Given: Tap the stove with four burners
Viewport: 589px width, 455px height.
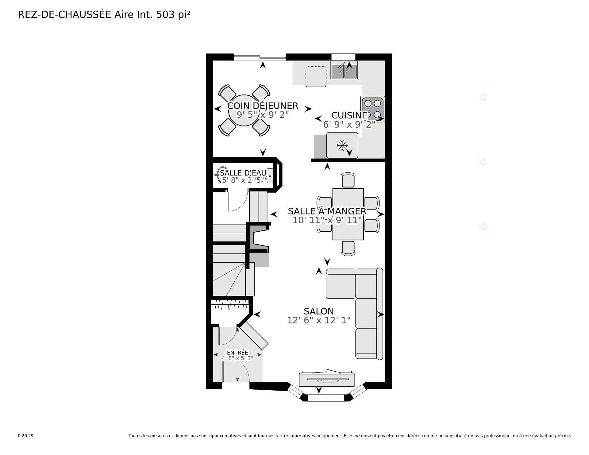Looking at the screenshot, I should click(x=373, y=109).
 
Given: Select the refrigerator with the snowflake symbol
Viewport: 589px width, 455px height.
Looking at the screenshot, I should click(x=342, y=145).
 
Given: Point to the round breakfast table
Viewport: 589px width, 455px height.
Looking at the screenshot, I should click(x=244, y=110).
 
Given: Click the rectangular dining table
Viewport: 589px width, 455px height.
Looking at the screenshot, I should click(x=348, y=214).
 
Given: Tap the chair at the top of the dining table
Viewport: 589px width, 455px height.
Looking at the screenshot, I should click(x=348, y=180).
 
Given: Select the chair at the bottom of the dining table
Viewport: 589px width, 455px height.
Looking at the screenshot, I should click(x=348, y=248).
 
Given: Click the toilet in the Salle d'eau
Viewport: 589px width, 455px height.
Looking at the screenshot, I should click(x=221, y=175).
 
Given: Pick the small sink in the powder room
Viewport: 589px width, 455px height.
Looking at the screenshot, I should click(x=270, y=175).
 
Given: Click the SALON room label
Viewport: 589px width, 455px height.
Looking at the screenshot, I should click(x=318, y=311).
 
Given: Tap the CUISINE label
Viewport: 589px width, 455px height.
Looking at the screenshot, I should click(x=349, y=115).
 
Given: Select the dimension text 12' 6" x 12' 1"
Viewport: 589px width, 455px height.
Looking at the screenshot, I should click(x=318, y=321).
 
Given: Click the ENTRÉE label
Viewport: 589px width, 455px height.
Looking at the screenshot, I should click(x=237, y=353).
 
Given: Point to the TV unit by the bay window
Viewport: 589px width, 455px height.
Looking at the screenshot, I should click(x=327, y=380).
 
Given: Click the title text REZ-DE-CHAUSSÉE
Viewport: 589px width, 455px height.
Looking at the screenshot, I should click(x=64, y=14).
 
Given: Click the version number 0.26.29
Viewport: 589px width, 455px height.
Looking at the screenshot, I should click(x=25, y=436).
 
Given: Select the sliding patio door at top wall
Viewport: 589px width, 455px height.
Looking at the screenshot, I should click(x=260, y=57).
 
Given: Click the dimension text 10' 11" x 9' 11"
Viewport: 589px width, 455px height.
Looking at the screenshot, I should click(x=327, y=220).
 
